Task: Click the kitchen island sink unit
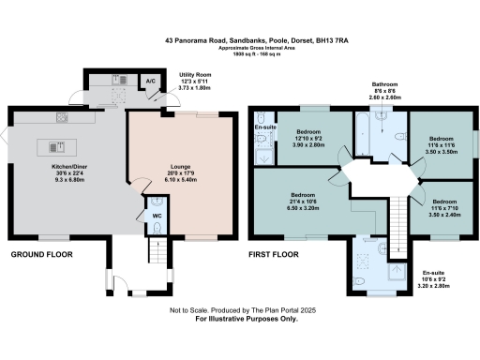pyautogui.click(x=53, y=147)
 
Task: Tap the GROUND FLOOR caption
pyautogui.click(x=41, y=254)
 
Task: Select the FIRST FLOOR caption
pyautogui.click(x=273, y=254)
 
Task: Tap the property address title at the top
pyautogui.click(x=239, y=40)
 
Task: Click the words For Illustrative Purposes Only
pyautogui.click(x=239, y=320)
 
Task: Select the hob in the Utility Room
pyautogui.click(x=120, y=82)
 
